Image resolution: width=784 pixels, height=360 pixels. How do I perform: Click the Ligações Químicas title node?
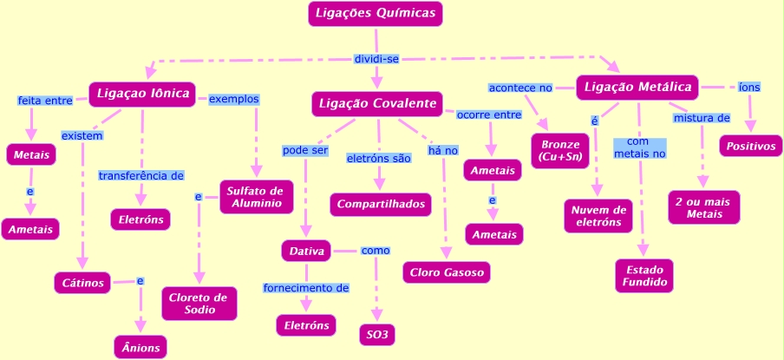point(376,14)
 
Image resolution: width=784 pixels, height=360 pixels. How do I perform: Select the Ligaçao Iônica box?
point(143,94)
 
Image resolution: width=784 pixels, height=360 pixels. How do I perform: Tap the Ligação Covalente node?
point(377,104)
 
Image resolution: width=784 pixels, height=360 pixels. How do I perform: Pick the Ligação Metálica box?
point(637,88)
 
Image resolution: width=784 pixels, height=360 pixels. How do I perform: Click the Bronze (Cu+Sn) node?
point(559,150)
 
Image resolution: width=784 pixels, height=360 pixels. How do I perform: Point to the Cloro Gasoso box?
point(447,272)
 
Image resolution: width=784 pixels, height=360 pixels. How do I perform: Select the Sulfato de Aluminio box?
point(257,197)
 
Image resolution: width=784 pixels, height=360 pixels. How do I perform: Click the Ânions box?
point(140,347)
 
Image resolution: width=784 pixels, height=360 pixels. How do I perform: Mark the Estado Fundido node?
point(644,276)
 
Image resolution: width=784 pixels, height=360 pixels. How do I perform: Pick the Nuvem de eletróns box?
point(598,215)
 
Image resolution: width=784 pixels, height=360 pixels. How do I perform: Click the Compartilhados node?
point(382,204)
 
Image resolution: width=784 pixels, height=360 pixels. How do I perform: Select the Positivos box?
point(750,146)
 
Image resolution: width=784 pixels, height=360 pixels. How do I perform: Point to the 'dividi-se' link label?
point(376,59)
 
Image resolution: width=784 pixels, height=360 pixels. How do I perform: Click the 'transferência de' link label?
point(140,175)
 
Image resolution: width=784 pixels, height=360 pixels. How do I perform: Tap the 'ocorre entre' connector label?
point(489,115)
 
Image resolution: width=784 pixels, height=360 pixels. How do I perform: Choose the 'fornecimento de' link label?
point(306,287)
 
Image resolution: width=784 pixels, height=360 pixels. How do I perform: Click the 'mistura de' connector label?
point(701,117)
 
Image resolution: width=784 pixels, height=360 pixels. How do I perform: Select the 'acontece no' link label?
point(520,88)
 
